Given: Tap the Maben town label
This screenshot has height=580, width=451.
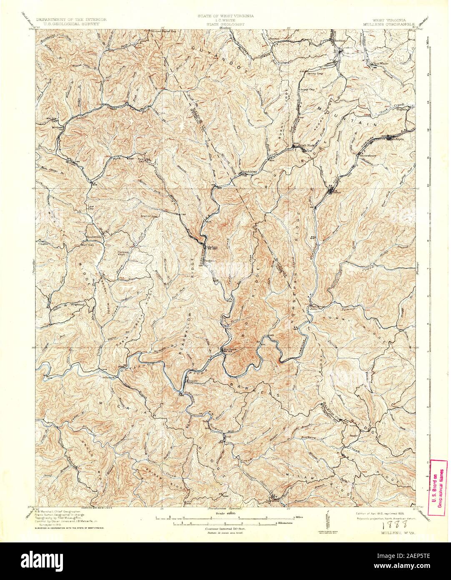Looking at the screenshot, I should click(x=212, y=247).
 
